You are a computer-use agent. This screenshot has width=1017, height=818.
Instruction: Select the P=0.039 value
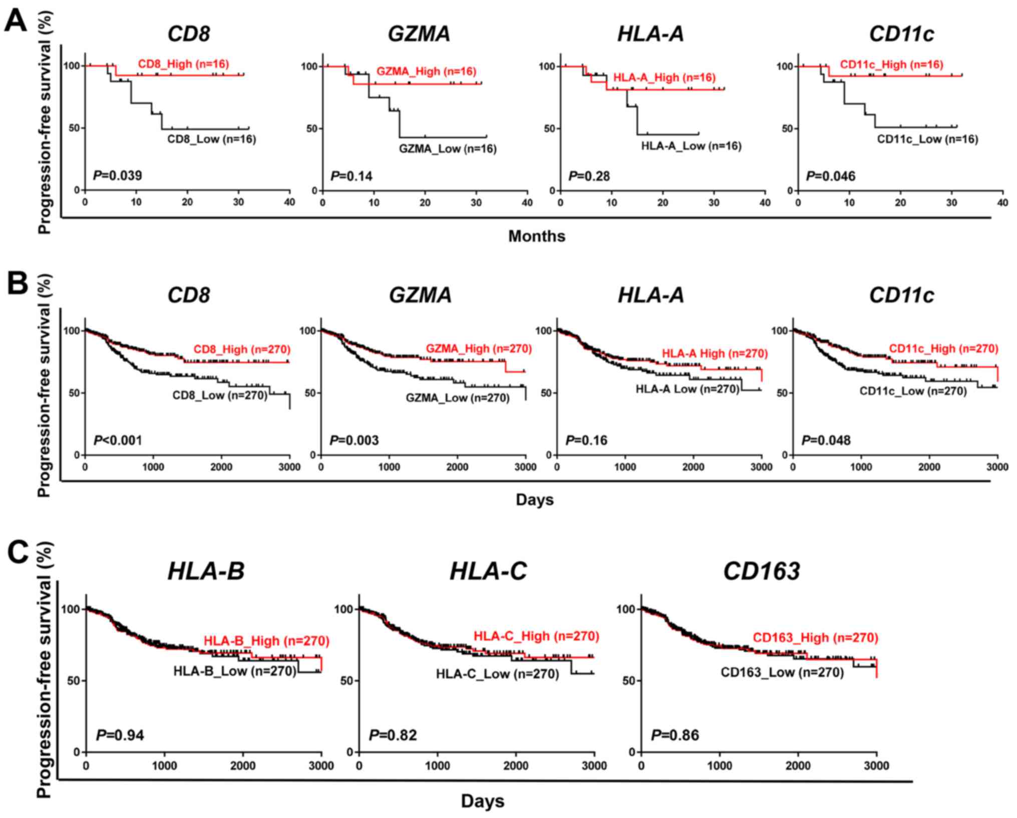pyautogui.click(x=118, y=176)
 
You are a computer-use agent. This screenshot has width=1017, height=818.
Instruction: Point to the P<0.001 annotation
pyautogui.click(x=118, y=441)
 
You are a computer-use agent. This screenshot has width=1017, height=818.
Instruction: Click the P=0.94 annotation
pyautogui.click(x=120, y=735)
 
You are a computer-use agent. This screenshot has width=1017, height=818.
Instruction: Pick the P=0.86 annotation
pyautogui.click(x=675, y=735)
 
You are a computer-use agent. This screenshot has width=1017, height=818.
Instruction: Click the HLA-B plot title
pyautogui.click(x=206, y=571)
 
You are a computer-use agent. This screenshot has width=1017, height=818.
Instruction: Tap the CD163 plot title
pyautogui.click(x=761, y=571)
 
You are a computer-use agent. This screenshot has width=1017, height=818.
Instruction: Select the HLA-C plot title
pyautogui.click(x=488, y=571)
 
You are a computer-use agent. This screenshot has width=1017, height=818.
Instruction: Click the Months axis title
pyautogui.click(x=537, y=236)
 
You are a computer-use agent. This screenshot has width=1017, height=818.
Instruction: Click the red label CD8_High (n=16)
pyautogui.click(x=183, y=64)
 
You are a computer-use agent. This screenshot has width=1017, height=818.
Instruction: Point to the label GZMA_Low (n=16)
pyautogui.click(x=448, y=149)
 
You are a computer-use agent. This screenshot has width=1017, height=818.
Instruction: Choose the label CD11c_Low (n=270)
pyautogui.click(x=913, y=391)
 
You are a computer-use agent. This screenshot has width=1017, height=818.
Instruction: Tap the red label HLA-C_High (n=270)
pyautogui.click(x=536, y=636)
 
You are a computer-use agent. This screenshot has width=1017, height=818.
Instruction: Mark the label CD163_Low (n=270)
pyautogui.click(x=782, y=672)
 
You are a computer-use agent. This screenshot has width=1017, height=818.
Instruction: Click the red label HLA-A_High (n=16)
pyautogui.click(x=664, y=78)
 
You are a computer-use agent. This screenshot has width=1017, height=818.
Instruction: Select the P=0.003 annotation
pyautogui.click(x=354, y=441)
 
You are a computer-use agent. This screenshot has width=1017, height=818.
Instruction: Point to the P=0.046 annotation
pyautogui.click(x=831, y=176)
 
